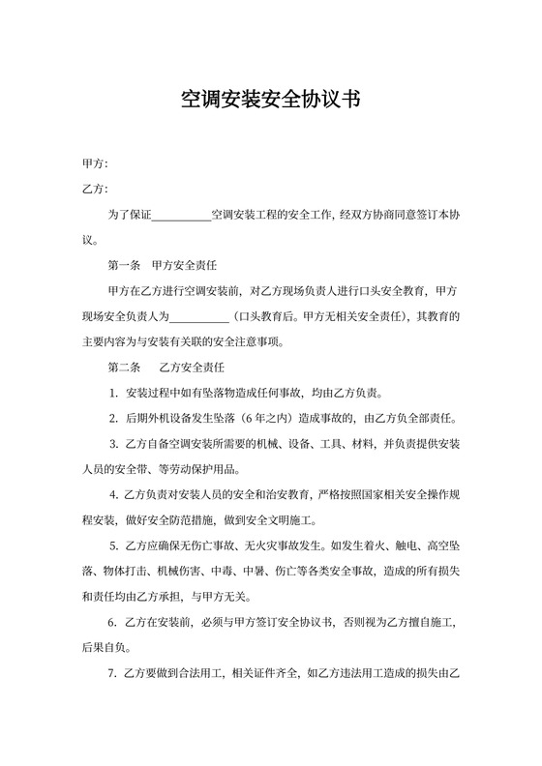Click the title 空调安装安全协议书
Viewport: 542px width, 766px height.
pyautogui.click(x=270, y=99)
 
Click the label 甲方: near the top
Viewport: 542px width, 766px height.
pyautogui.click(x=95, y=162)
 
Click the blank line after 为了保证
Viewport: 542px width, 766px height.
pyautogui.click(x=181, y=213)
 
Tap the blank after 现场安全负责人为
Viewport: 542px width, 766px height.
pyautogui.click(x=198, y=316)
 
